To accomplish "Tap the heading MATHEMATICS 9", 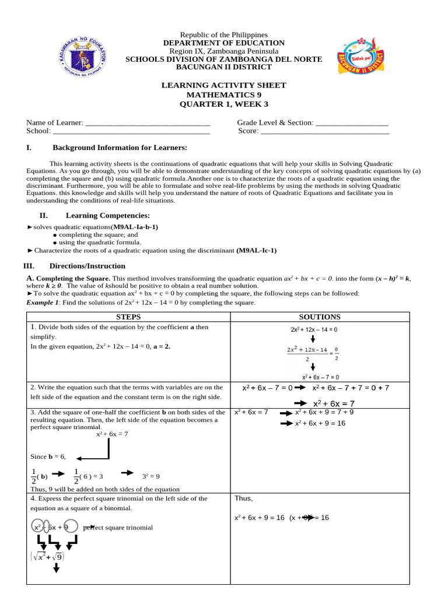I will coord(224,94).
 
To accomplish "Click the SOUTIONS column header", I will coord(320,317).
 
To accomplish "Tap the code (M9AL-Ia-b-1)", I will coord(135,227).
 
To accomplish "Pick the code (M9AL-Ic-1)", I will coord(256,251).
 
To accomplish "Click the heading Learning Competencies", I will coord(108,216).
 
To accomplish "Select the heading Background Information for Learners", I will coord(120,148).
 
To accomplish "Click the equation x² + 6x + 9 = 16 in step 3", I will coord(320,423).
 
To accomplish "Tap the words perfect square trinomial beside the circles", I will coord(118,528).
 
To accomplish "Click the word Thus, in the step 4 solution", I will coord(244,499).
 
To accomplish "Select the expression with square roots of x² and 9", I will coord(47,557).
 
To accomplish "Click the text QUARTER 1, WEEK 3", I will coord(224,104).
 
